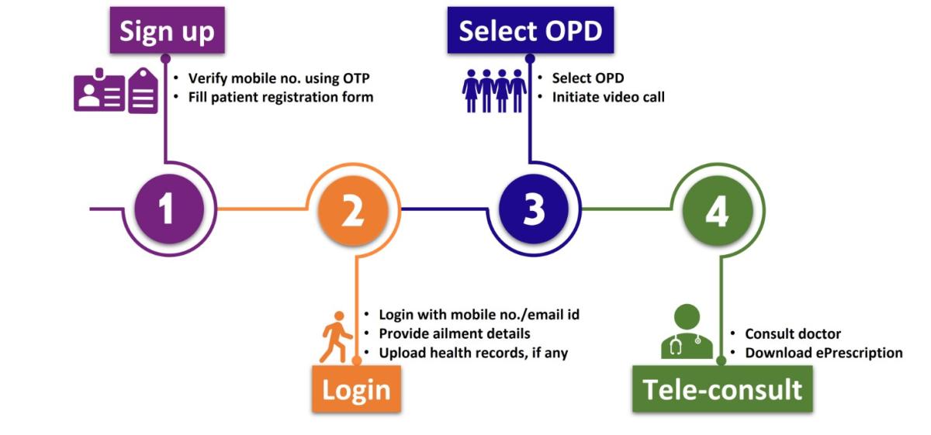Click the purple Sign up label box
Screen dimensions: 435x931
pos(167,31)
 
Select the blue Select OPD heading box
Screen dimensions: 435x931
pos(530,31)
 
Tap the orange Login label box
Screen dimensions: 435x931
pos(357,389)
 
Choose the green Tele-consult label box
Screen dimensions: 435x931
pos(722,389)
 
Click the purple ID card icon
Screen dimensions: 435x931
pos(116,91)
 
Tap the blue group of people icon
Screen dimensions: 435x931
pos(494,90)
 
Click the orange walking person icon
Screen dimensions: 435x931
pos(336,337)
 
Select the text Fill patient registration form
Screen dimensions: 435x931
pos(281,97)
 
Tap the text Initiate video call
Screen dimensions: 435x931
pos(608,97)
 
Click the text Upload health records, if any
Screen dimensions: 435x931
pos(473,353)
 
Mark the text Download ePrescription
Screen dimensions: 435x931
pos(824,353)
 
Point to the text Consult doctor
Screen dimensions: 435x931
pos(793,333)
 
